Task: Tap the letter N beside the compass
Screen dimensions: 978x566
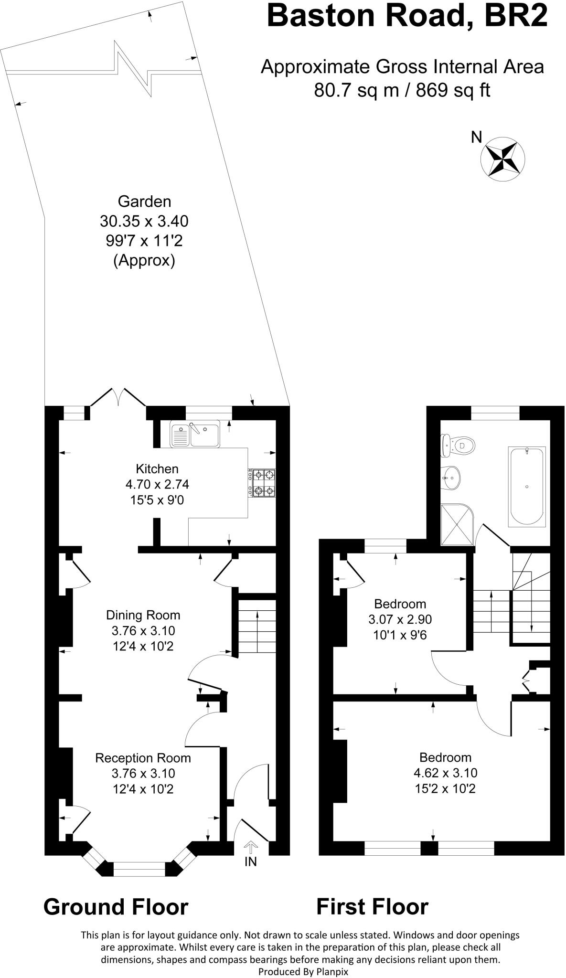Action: [476, 138]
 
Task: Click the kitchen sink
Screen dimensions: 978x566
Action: [195, 434]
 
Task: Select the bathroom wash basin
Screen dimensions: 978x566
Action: [450, 477]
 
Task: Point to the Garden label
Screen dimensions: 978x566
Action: [144, 202]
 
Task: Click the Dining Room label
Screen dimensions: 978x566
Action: [143, 615]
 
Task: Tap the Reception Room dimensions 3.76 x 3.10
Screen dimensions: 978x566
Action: [143, 773]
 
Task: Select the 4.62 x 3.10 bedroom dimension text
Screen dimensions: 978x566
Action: [446, 773]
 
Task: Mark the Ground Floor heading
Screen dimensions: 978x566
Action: [116, 906]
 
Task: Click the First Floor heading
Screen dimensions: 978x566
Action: [372, 906]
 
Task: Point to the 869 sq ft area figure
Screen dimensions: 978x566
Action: [453, 90]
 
